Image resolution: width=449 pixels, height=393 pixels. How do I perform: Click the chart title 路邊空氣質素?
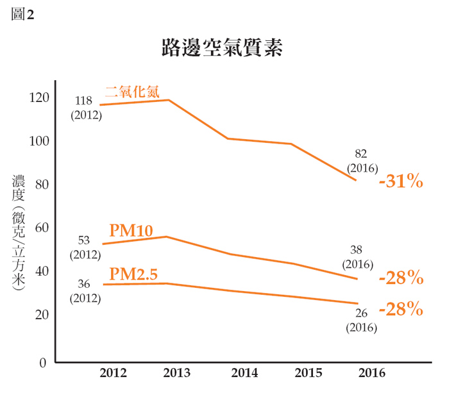pyautogui.click(x=223, y=49)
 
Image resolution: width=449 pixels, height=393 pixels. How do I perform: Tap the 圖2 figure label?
pyautogui.click(x=22, y=15)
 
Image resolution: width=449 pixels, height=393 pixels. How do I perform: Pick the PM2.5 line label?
pyautogui.click(x=133, y=274)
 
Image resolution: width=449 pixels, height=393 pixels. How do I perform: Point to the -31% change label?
pyautogui.click(x=401, y=181)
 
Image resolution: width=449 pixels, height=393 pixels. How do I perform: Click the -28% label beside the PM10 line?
pyautogui.click(x=401, y=278)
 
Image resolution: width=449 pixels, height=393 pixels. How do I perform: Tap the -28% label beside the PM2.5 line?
pyautogui.click(x=401, y=310)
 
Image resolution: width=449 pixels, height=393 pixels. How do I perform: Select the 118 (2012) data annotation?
pyautogui.click(x=85, y=108)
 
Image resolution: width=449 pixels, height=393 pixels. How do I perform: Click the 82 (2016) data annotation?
pyautogui.click(x=361, y=160)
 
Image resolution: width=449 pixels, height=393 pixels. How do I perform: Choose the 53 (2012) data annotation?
pyautogui.click(x=85, y=247)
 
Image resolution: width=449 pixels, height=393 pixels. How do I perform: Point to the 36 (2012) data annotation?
pyautogui.click(x=85, y=291)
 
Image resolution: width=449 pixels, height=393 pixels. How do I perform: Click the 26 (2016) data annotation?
pyautogui.click(x=361, y=320)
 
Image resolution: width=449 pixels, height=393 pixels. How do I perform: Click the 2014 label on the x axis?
pyautogui.click(x=244, y=373)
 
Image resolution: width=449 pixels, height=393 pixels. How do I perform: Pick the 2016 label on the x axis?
pyautogui.click(x=372, y=373)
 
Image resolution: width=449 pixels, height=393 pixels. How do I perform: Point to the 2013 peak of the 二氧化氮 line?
pyautogui.click(x=169, y=100)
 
